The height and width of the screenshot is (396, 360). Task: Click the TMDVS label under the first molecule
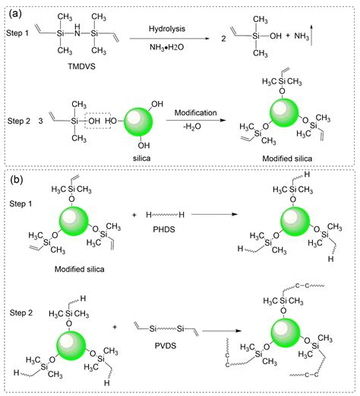81,66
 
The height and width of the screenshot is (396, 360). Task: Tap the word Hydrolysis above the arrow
167,29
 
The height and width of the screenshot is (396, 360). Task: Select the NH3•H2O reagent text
166,47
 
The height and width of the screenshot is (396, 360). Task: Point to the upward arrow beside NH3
311,35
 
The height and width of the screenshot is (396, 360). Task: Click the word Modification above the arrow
195,112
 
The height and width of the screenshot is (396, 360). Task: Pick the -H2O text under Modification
192,126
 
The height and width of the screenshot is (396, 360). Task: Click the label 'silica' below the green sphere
141,159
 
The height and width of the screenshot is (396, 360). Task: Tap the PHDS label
164,229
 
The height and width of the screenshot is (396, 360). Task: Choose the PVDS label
166,345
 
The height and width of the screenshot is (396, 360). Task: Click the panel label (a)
15,13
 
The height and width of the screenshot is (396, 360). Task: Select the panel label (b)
16,179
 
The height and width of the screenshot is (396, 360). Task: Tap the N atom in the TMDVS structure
77,33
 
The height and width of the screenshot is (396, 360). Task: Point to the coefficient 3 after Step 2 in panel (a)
41,121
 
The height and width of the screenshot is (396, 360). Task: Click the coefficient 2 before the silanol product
223,39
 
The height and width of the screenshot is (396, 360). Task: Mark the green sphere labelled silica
138,122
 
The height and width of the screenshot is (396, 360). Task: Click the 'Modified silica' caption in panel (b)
80,269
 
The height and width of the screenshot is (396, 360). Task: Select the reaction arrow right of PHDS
214,214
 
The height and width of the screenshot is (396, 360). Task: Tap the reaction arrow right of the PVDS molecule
221,331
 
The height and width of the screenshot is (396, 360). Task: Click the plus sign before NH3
288,36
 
